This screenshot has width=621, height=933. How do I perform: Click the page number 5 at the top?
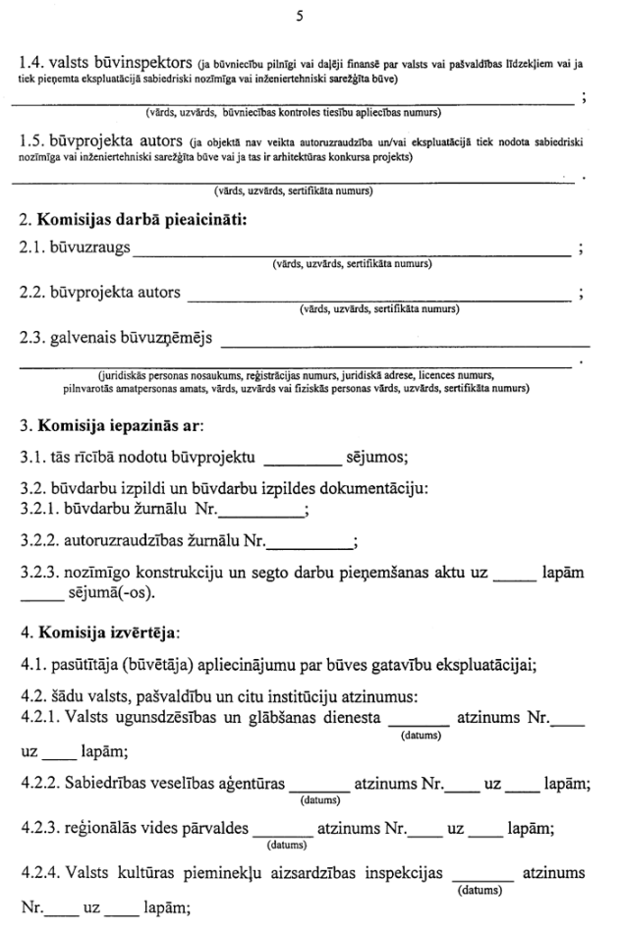(x=310, y=17)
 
